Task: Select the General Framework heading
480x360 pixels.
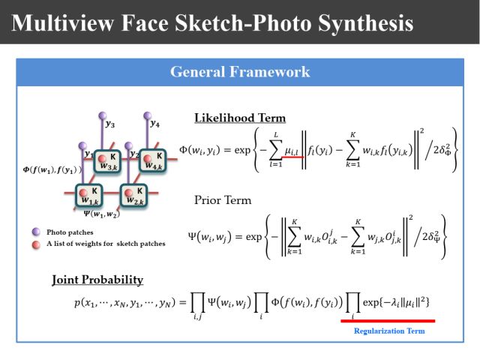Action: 240,72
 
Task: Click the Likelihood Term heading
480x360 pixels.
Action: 240,118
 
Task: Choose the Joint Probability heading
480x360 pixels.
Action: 97,280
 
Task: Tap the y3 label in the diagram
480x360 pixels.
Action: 110,124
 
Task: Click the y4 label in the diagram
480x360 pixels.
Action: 154,123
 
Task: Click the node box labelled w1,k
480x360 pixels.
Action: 90,197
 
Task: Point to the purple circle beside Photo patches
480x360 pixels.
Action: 36,232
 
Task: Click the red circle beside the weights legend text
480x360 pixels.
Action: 36,244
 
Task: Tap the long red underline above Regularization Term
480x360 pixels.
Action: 387,320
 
